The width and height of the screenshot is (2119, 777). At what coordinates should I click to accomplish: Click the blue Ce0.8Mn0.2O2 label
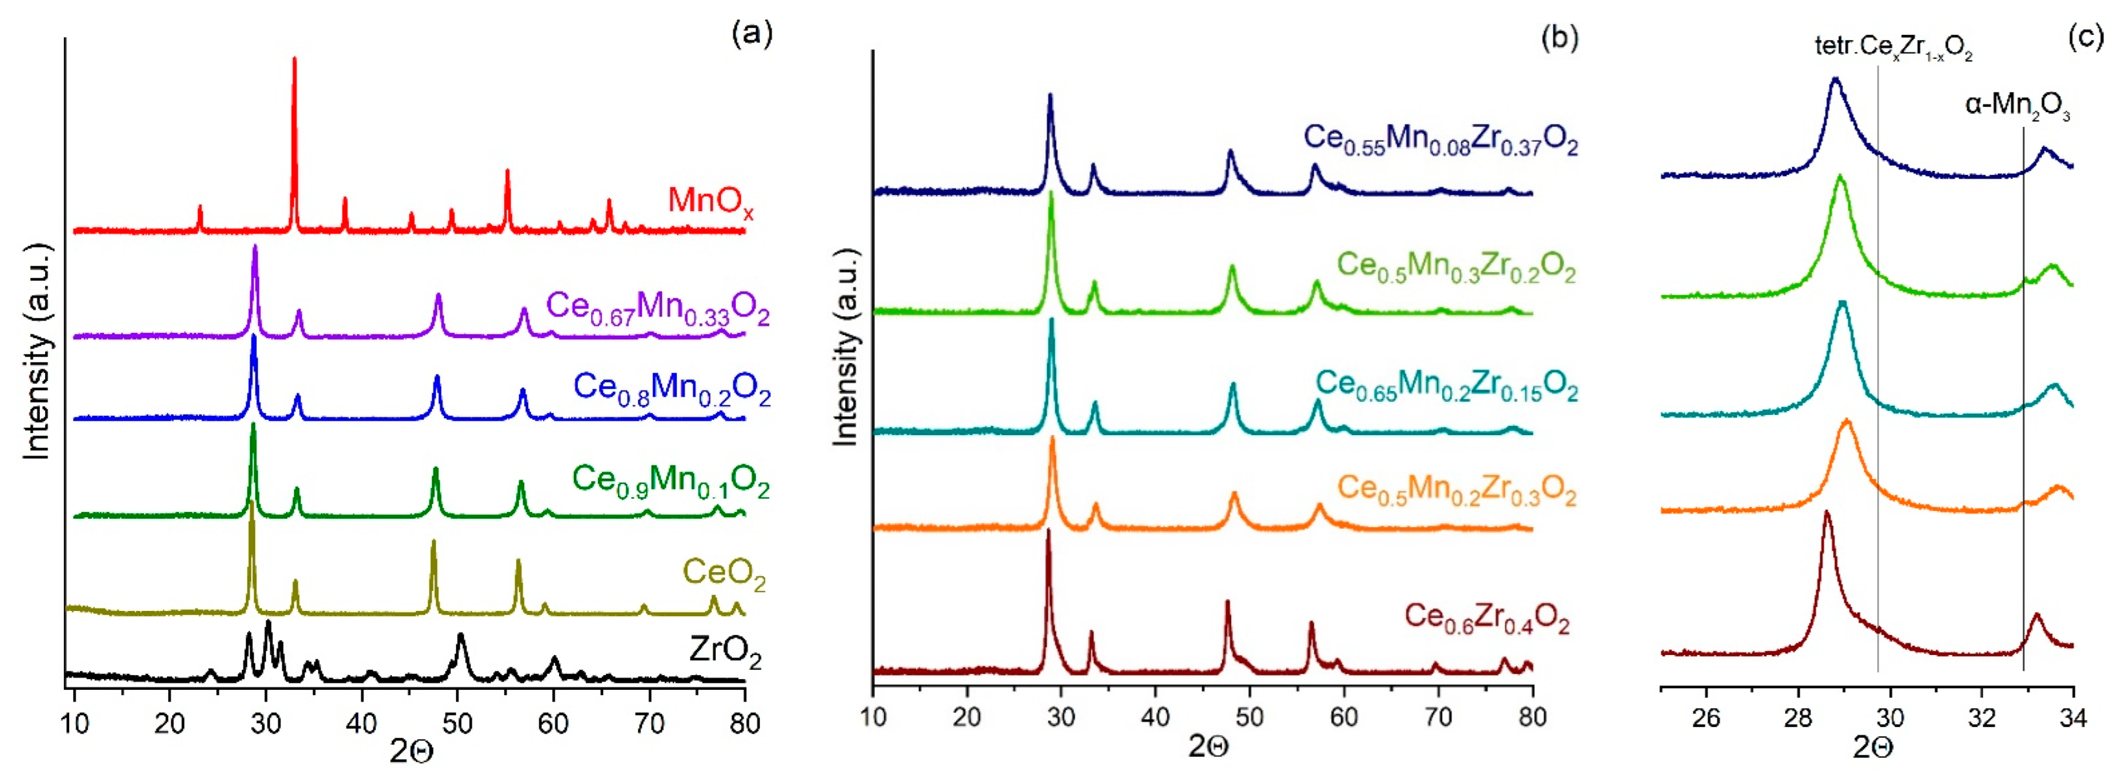point(671,387)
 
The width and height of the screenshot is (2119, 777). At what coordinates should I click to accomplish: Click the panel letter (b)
point(1559,38)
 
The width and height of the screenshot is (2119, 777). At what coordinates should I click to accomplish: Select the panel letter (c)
point(2085,38)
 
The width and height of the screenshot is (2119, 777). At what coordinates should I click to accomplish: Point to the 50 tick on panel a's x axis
point(457,724)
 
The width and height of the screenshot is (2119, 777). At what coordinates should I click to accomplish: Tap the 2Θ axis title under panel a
point(411,751)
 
